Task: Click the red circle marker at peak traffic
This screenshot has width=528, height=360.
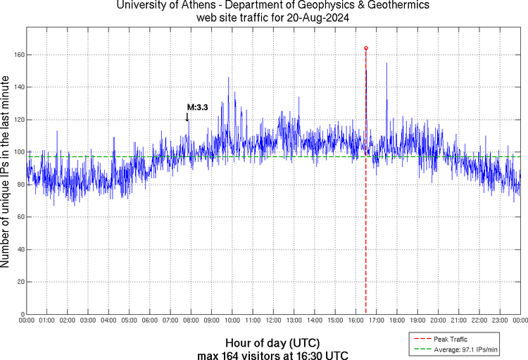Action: [366, 48]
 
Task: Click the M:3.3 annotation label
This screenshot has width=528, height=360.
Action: [197, 108]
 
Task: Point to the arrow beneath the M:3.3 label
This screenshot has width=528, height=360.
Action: [187, 117]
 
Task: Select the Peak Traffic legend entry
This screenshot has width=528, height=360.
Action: [450, 340]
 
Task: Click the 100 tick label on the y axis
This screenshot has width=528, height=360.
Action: [18, 152]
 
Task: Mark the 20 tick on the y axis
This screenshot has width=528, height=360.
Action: [20, 282]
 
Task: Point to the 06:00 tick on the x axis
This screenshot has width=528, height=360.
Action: [150, 321]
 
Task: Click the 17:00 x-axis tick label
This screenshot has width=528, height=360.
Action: [376, 321]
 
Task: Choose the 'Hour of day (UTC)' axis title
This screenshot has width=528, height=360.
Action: [273, 342]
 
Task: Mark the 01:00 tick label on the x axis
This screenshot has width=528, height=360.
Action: [47, 321]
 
